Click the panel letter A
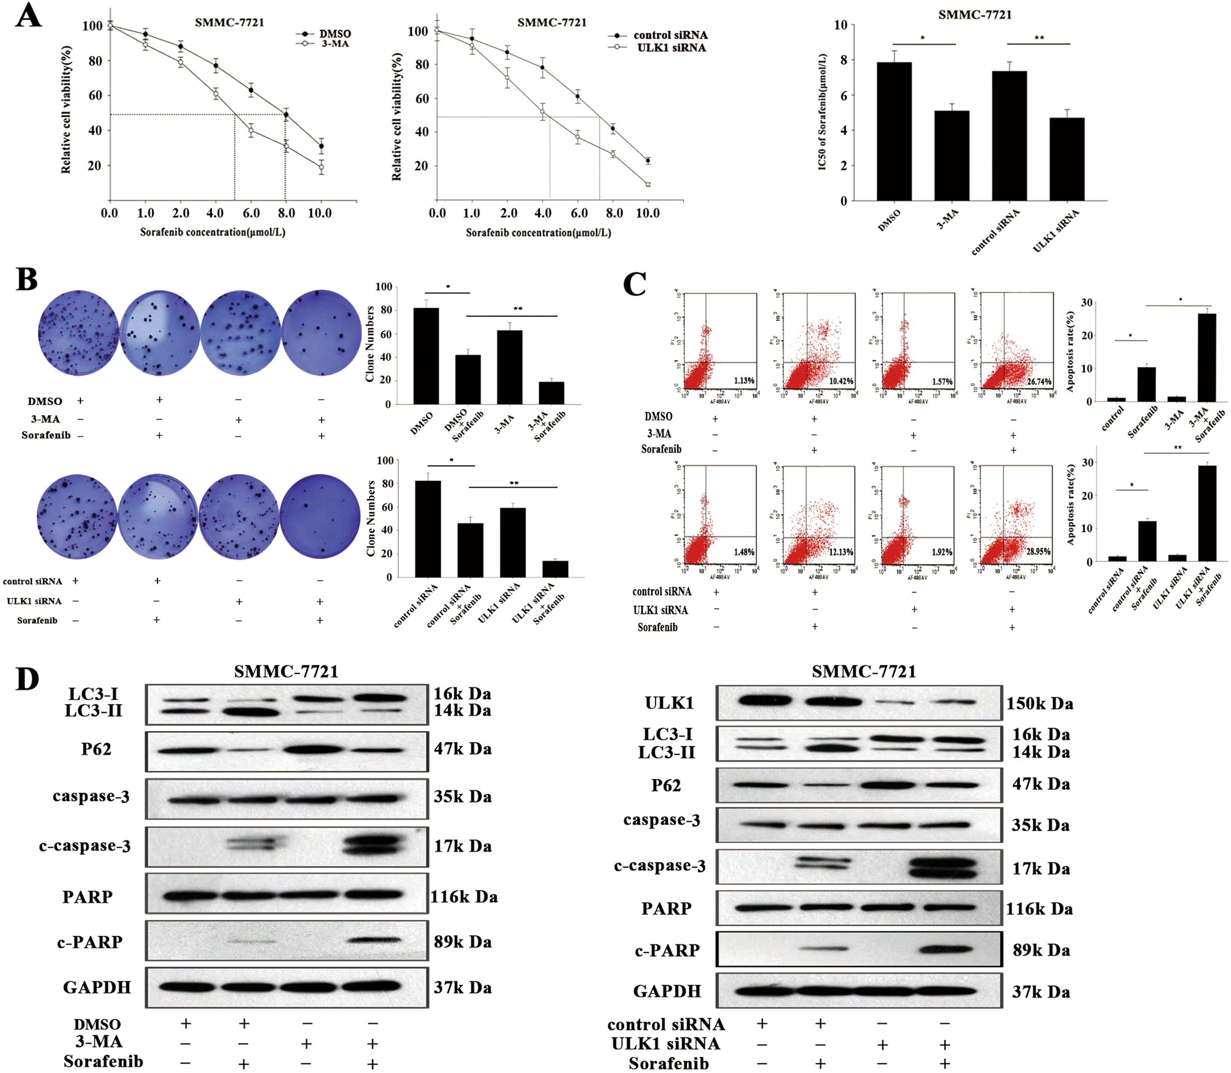[x=28, y=16]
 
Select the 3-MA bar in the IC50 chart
[x=951, y=156]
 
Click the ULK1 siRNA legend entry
[x=671, y=48]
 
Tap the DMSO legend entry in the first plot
[x=334, y=34]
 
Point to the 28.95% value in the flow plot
[x=1038, y=552]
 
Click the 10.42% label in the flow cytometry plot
[x=841, y=381]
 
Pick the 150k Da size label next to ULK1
[x=1039, y=703]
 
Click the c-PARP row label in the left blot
[x=90, y=942]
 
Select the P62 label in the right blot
[x=666, y=785]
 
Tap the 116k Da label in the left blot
[x=464, y=897]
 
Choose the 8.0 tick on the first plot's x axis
[x=286, y=213]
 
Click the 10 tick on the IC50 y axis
[x=840, y=25]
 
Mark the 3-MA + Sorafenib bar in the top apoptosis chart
[x=1206, y=358]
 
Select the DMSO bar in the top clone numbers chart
[x=426, y=356]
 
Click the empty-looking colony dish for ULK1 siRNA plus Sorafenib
[x=320, y=516]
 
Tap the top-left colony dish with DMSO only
[x=78, y=333]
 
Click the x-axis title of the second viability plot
[x=538, y=232]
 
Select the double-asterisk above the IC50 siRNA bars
[x=1039, y=38]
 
